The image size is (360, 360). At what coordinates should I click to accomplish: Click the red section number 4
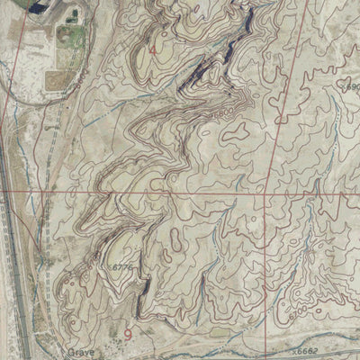(152, 50)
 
